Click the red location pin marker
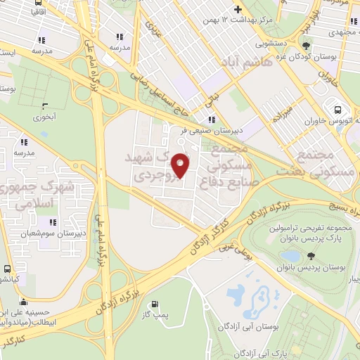181,165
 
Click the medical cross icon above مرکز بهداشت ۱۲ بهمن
238,10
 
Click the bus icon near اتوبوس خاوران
339,110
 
